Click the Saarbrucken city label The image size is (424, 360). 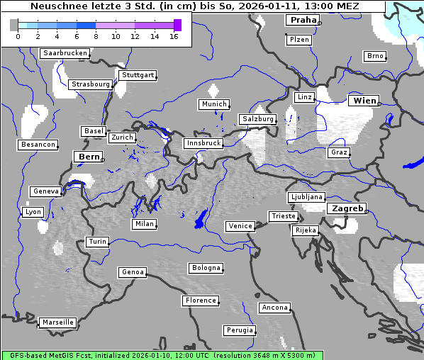pyautogui.click(x=65, y=53)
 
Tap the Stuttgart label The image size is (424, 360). pyautogui.click(x=137, y=75)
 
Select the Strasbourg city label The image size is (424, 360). pyautogui.click(x=91, y=84)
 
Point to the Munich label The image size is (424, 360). pyautogui.click(x=213, y=104)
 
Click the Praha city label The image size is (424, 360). pyautogui.click(x=303, y=20)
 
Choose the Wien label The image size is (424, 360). pyautogui.click(x=364, y=101)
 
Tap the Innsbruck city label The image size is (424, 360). pyautogui.click(x=203, y=143)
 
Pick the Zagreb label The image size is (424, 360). pyautogui.click(x=346, y=208)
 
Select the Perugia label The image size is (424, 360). pyautogui.click(x=239, y=330)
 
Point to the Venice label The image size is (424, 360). pyautogui.click(x=240, y=226)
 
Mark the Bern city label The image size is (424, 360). pyautogui.click(x=89, y=157)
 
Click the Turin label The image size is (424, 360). pyautogui.click(x=97, y=242)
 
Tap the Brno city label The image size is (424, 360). pyautogui.click(x=374, y=56)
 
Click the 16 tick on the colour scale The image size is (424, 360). pyautogui.click(x=174, y=37)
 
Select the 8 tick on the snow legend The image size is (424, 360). pyautogui.click(x=96, y=37)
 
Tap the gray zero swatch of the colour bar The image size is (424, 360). pyautogui.click(x=14, y=25)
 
